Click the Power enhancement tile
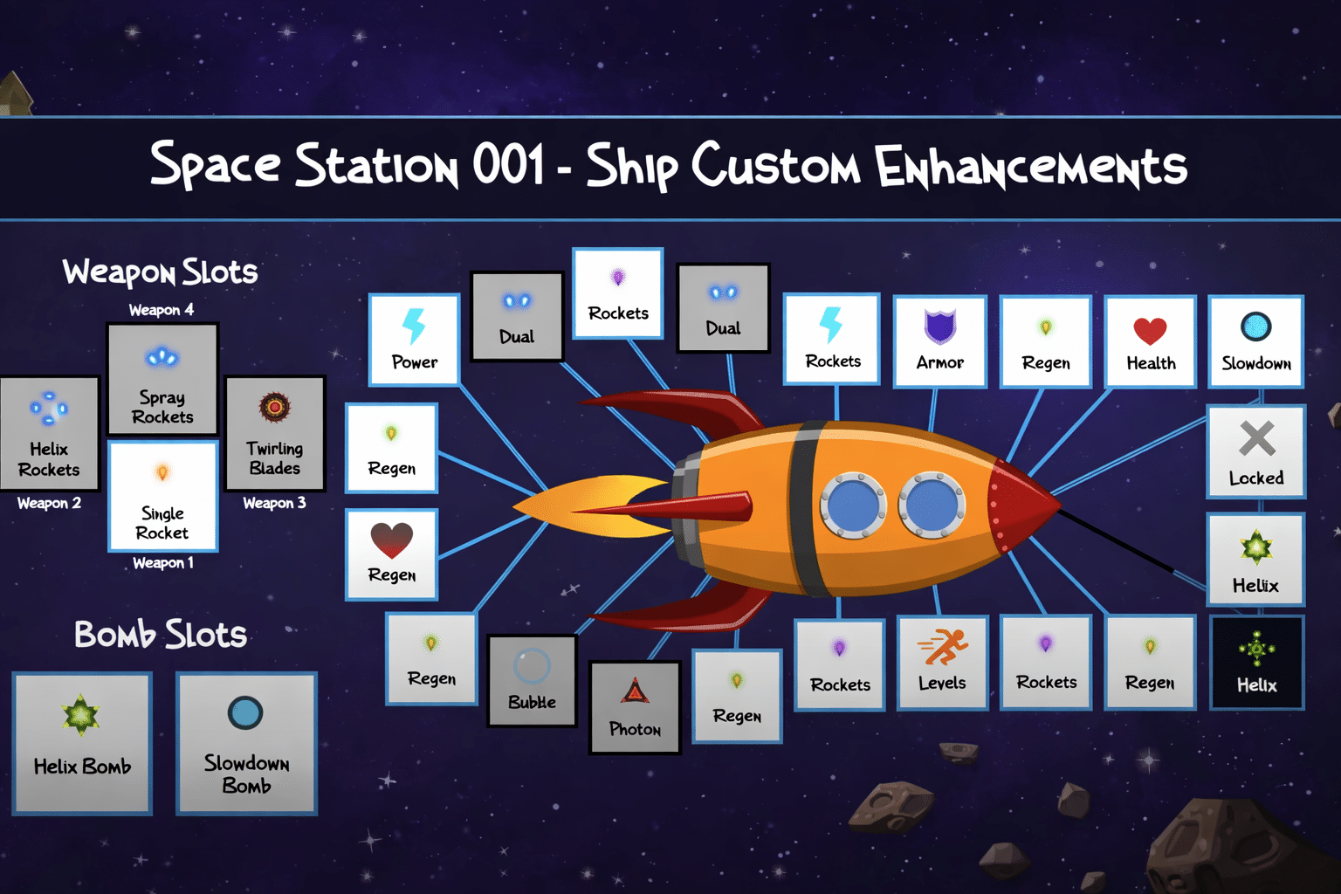[x=414, y=340]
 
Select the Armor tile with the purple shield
[x=940, y=340]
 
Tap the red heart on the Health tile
[x=1150, y=331]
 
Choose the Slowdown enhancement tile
[x=1255, y=340]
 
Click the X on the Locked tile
[x=1256, y=438]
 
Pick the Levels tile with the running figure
[x=942, y=661]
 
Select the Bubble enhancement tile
[x=532, y=680]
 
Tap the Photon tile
[x=635, y=707]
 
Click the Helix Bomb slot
[x=82, y=743]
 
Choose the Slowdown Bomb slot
[x=246, y=743]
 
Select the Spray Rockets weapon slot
[x=162, y=379]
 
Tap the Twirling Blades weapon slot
[x=275, y=433]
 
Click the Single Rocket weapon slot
[x=162, y=496]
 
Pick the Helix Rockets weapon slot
[x=49, y=433]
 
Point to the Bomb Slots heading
[x=161, y=635]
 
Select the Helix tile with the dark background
[x=1256, y=662]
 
